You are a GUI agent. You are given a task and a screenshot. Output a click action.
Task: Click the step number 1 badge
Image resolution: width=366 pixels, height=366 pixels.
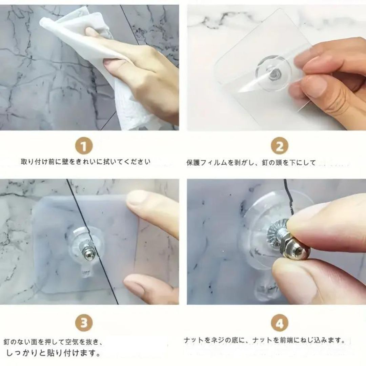pos(84,146)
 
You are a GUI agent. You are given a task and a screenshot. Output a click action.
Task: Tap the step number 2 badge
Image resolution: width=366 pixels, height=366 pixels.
pos(279,146)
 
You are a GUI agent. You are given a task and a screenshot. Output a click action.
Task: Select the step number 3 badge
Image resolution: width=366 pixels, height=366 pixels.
pos(84,323)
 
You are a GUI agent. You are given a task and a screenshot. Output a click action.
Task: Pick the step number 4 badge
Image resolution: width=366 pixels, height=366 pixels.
pos(279,323)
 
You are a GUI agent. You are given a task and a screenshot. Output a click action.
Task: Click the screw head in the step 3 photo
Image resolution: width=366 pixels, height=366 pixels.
pos(89,255)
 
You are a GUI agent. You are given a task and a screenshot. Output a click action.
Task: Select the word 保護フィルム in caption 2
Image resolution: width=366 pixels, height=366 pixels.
pos(207,163)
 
